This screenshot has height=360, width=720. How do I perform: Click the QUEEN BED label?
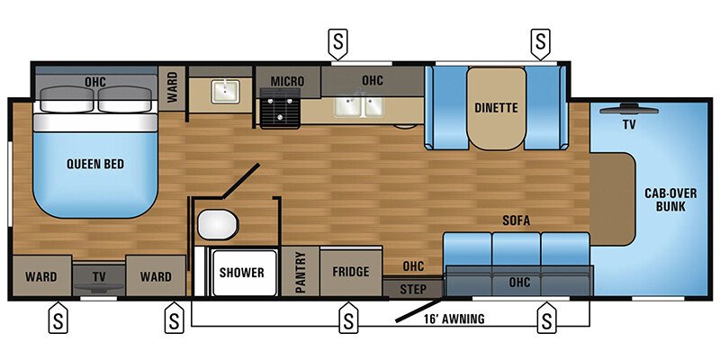[94, 164]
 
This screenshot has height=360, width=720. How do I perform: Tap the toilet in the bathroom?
[215, 223]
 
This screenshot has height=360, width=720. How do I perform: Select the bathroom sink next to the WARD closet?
[220, 90]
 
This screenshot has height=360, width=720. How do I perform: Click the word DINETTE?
[496, 108]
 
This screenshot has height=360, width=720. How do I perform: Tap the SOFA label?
[516, 220]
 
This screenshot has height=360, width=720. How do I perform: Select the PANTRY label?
[301, 272]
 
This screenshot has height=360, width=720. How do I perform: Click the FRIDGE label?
[351, 272]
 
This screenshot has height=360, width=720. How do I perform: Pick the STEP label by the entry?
[413, 288]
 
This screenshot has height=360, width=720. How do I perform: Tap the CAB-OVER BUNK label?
[666, 198]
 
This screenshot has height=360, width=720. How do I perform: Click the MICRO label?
[288, 82]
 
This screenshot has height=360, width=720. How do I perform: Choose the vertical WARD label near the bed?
[172, 87]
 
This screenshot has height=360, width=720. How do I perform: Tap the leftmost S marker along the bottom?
[57, 319]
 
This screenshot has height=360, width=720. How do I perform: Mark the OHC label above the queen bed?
[95, 82]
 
